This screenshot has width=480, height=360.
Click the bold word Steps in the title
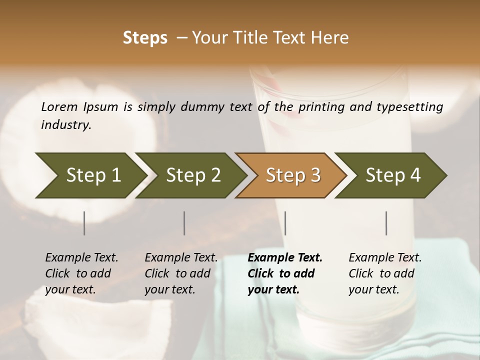[145, 38]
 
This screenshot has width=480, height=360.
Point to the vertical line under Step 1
[84, 223]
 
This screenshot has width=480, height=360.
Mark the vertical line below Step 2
[184, 223]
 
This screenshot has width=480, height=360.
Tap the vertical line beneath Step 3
[285, 223]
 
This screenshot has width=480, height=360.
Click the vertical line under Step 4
[386, 223]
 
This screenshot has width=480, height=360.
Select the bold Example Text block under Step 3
[285, 273]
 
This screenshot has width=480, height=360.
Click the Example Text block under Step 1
[81, 273]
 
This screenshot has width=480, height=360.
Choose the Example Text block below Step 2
[181, 273]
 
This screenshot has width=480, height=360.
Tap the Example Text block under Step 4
[385, 273]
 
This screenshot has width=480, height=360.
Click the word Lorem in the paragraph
[59, 107]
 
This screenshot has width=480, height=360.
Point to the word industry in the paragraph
[66, 125]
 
